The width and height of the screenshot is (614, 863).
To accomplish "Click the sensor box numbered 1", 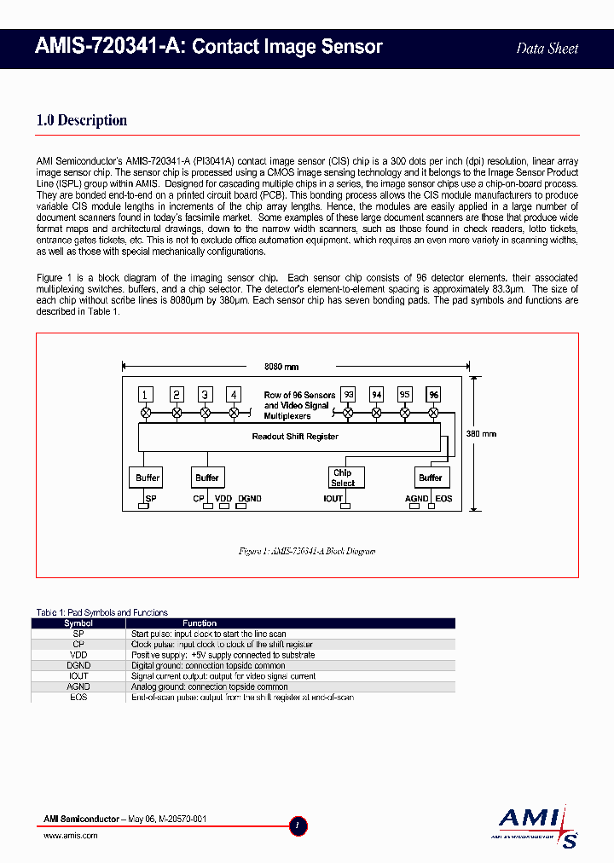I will coord(147,394).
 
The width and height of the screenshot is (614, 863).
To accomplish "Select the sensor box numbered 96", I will coord(433,394).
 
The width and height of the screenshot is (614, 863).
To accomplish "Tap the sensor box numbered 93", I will coord(348,394).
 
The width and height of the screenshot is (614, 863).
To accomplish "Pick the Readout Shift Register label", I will coord(295,437).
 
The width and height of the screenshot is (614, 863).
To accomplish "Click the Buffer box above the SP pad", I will coord(148,478).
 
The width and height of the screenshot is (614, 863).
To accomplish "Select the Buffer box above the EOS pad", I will coord(431,478).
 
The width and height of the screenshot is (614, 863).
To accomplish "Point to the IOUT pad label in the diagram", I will coord(333,498).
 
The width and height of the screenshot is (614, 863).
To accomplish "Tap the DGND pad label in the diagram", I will coord(250,498).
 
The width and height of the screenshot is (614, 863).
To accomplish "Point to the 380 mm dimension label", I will coord(483,434).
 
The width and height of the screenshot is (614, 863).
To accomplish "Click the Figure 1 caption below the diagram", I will coord(307,551).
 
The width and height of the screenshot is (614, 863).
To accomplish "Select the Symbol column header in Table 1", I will coord(78,623).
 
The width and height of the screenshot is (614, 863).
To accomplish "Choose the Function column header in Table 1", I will coord(200,623).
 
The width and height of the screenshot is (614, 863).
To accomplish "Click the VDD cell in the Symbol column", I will coord(78,655).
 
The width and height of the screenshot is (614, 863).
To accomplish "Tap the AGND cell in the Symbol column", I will coord(78,686).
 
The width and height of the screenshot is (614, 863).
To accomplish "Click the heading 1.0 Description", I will coord(82,120).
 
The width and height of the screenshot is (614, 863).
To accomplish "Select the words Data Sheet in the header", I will coord(547,48).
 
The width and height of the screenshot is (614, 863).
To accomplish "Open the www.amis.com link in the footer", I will coord(71,836).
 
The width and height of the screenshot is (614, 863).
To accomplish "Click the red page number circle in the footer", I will coord(298,825).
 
